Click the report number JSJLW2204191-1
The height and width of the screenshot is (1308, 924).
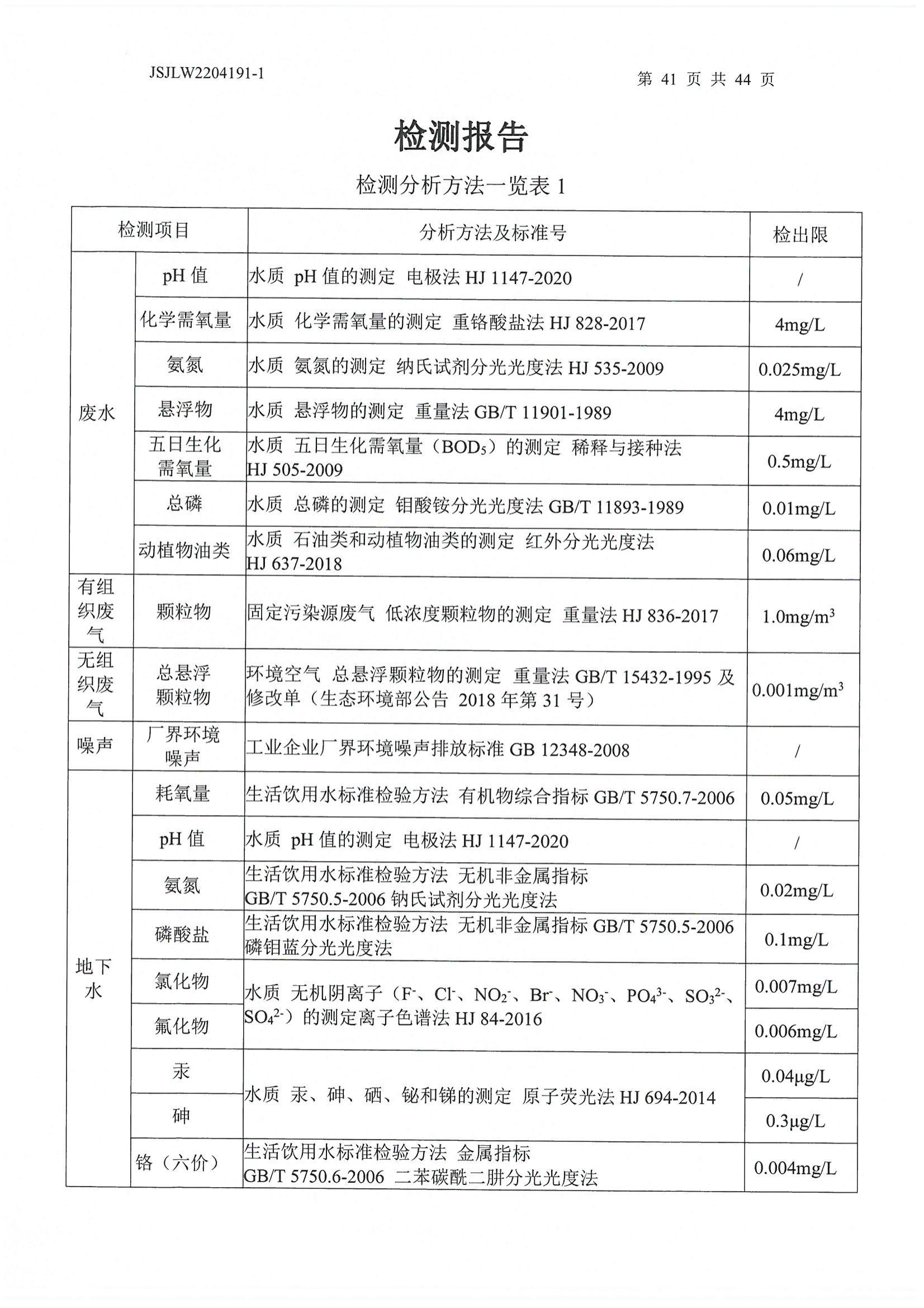tap(206, 73)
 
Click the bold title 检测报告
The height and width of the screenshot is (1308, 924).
tap(462, 137)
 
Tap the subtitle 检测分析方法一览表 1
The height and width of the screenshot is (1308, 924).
tap(461, 186)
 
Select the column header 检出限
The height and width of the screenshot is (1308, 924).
tap(800, 235)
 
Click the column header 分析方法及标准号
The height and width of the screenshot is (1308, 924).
tap(493, 232)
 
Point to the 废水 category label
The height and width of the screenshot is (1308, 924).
tap(97, 413)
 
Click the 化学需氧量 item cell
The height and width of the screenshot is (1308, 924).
tap(186, 320)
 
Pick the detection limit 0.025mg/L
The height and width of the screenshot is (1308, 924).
tap(799, 370)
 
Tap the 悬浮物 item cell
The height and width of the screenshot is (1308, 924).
tap(185, 409)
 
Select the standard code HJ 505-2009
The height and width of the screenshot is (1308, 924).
tap(295, 470)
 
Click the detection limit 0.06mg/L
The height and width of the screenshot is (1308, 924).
tap(799, 556)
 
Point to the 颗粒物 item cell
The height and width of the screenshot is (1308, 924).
tap(183, 612)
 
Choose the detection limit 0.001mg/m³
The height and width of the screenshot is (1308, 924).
tap(798, 690)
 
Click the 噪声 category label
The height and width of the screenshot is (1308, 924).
tap(95, 745)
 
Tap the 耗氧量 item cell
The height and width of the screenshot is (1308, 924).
tap(183, 793)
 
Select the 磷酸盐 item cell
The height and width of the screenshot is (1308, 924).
tap(182, 934)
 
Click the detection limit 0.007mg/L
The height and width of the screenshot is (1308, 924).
tap(796, 986)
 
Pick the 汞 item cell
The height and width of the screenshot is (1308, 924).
tap(181, 1071)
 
